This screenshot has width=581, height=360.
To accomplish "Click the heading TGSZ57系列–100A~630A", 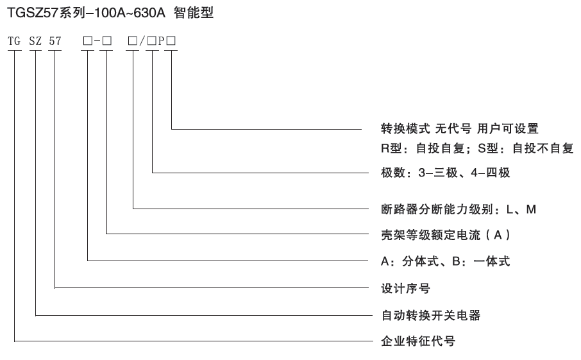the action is pos(86,13).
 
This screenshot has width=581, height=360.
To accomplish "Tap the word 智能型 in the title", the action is pos(194,13).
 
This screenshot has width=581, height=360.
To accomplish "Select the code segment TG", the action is pos(14,41).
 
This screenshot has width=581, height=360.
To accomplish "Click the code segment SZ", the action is pos(35,41).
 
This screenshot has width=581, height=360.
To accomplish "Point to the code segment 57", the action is pos(55,41).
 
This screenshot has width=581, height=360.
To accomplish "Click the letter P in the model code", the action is pos(162,41).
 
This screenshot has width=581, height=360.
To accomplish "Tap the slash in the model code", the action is pos(142,41).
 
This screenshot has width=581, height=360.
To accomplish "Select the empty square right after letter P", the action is pos(171,41).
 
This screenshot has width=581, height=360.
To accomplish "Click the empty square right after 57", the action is pos(88,41).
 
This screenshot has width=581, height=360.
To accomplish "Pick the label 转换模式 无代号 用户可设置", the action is pos(459,128).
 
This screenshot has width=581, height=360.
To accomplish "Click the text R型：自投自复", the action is pos(423,148).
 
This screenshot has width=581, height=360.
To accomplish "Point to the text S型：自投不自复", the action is pos(525,148).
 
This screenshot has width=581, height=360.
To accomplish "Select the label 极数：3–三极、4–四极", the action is pos(446,173).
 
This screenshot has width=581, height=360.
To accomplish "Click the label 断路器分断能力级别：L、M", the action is pos(459,209).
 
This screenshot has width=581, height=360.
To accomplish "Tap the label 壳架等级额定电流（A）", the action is pos(446,235).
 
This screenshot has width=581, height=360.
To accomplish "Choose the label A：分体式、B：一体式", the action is pos(446,261).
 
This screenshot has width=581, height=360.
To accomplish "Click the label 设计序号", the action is pos(405,288).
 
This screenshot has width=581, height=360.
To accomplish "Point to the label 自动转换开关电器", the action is pos(431,316).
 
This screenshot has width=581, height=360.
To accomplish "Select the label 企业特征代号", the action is pos(418,341).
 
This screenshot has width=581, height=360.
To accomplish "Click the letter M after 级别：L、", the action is pos(531,209).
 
